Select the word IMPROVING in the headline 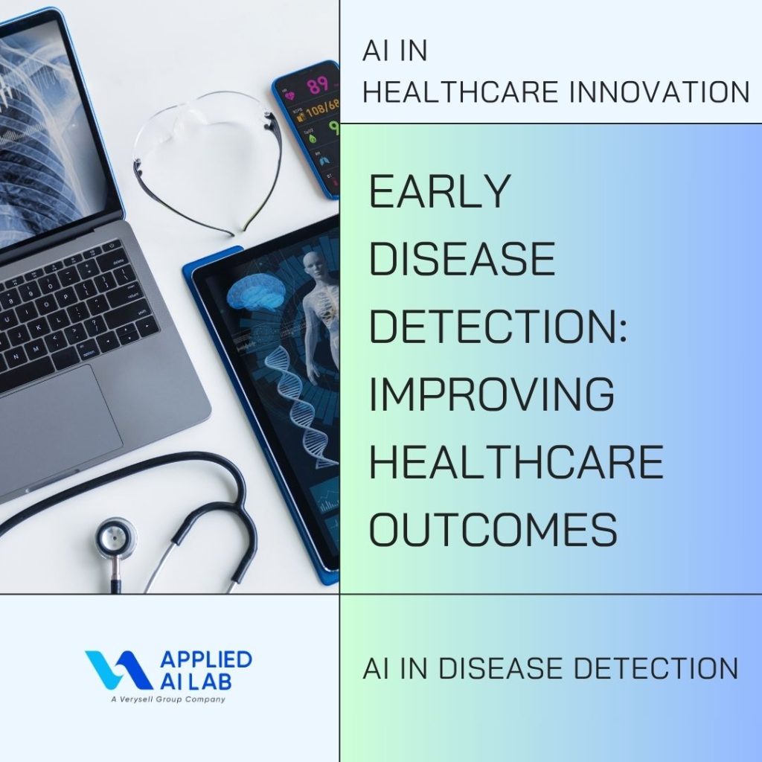492,393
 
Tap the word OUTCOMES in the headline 493,528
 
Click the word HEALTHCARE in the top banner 461,92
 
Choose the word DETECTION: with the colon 499,326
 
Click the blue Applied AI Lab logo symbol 118,670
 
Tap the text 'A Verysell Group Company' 168,699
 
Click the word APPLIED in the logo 206,659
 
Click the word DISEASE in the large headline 461,258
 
